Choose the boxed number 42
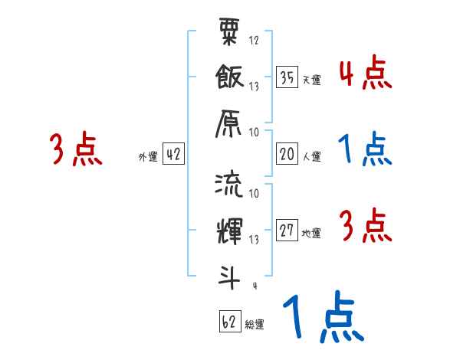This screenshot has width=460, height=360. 173,155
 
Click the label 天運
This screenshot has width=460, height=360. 311,80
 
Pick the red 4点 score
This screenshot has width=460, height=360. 365,75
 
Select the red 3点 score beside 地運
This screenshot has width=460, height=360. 365,227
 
